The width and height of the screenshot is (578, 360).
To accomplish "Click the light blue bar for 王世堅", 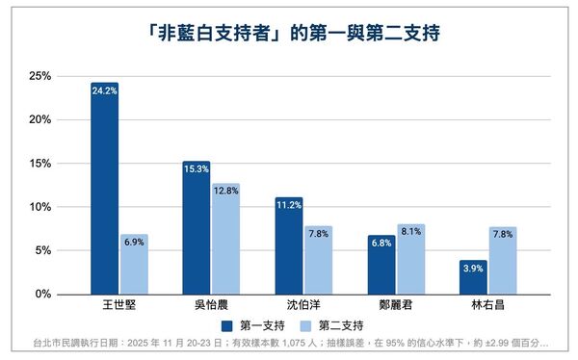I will coord(134,265).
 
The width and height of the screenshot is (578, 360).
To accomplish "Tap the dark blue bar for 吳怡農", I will coord(197,228).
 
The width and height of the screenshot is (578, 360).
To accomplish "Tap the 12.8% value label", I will coord(226,191).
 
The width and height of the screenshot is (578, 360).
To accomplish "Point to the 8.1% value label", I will coord(411,231).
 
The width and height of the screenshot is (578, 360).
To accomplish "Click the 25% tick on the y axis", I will coord(39,76).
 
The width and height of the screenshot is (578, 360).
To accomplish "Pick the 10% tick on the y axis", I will coord(39,207).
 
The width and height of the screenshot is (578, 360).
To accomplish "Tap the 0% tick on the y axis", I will coord(42,294).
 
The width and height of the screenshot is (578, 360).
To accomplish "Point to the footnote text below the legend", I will coord(289,344).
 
